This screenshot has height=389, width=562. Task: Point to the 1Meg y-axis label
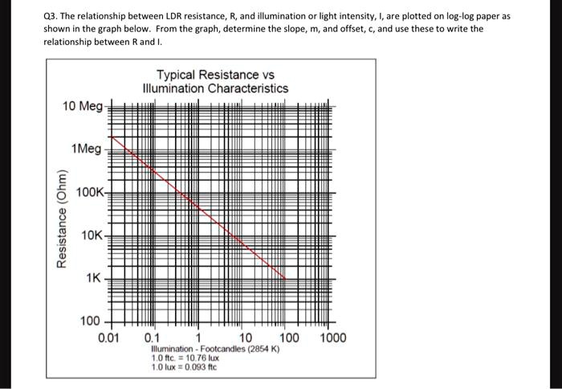pyautogui.click(x=86, y=149)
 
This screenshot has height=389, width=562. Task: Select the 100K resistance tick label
pyautogui.click(x=90, y=192)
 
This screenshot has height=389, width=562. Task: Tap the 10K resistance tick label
pyautogui.click(x=92, y=235)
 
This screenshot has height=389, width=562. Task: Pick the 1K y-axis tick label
pyautogui.click(x=94, y=278)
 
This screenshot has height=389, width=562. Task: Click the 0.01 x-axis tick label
pyautogui.click(x=108, y=337)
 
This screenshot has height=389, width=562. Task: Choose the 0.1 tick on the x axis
pyautogui.click(x=152, y=337)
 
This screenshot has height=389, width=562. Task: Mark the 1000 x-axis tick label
pyautogui.click(x=332, y=337)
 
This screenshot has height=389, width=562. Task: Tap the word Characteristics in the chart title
pyautogui.click(x=249, y=88)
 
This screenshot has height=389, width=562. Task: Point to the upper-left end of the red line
pyautogui.click(x=109, y=137)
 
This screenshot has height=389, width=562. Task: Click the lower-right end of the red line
pyautogui.click(x=286, y=278)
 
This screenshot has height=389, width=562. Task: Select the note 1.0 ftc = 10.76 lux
pyautogui.click(x=186, y=358)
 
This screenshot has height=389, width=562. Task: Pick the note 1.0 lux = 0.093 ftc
pyautogui.click(x=185, y=367)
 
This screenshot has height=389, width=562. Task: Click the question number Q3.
pyautogui.click(x=51, y=16)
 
